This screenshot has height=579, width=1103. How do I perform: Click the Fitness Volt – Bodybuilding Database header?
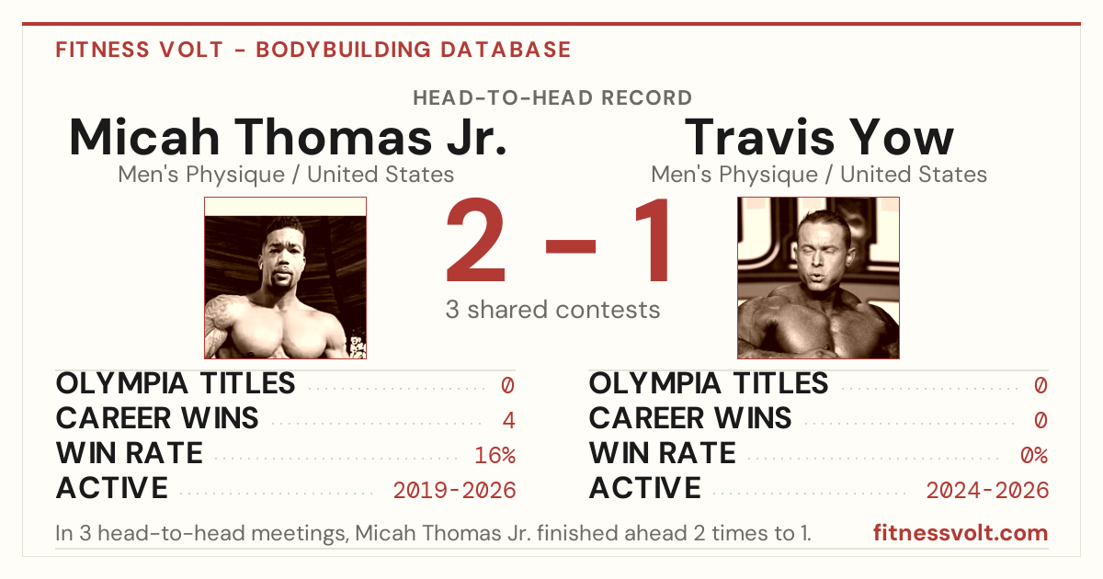(313, 50)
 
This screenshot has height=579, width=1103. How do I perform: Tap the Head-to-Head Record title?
(552, 98)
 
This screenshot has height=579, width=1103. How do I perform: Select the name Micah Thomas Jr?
(288, 137)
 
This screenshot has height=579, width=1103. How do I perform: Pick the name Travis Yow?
(819, 137)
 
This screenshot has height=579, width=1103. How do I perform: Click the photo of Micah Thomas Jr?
(286, 278)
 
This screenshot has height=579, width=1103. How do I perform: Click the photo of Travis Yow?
(818, 278)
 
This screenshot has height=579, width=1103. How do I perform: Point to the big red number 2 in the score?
(476, 240)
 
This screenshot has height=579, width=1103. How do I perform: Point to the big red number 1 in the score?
(653, 240)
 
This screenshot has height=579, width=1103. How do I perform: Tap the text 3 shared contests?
(552, 310)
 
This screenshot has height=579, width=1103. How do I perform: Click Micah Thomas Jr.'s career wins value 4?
(508, 421)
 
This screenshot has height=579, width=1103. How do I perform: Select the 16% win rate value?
(495, 456)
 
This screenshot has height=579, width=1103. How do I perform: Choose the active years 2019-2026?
(454, 491)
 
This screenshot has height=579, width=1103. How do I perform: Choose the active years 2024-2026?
(987, 491)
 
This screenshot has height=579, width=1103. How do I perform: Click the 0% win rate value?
(1034, 456)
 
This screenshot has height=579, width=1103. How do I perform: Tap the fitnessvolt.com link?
(961, 533)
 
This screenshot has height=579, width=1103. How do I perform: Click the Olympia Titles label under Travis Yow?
(709, 383)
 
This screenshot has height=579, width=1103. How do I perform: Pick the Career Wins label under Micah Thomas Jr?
(157, 418)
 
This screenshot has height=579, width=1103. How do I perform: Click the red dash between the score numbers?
(571, 246)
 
